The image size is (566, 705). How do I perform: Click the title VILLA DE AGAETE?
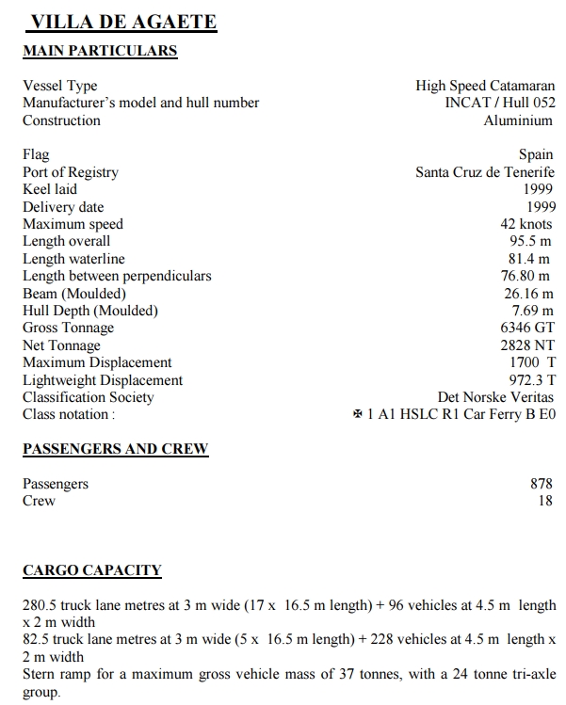click(x=123, y=22)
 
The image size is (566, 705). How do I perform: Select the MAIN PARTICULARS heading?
click(x=100, y=51)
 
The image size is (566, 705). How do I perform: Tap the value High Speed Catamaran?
click(x=485, y=86)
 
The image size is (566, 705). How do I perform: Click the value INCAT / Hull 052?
click(x=499, y=103)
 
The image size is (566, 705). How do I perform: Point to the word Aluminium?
click(x=519, y=120)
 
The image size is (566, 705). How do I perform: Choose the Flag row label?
click(x=36, y=154)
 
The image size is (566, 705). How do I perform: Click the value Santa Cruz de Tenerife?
click(x=485, y=172)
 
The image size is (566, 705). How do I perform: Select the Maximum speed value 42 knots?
click(x=527, y=224)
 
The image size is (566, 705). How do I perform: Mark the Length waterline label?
click(x=73, y=259)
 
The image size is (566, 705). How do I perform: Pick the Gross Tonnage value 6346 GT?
click(x=527, y=328)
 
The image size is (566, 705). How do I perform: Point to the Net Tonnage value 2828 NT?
click(x=527, y=345)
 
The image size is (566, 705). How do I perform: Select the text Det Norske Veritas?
click(x=496, y=397)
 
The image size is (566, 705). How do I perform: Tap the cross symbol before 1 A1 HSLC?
click(x=357, y=415)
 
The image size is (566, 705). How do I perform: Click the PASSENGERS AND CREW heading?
click(x=115, y=449)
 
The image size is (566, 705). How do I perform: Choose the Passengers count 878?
click(x=542, y=484)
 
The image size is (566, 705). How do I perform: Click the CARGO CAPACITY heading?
click(x=91, y=570)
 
